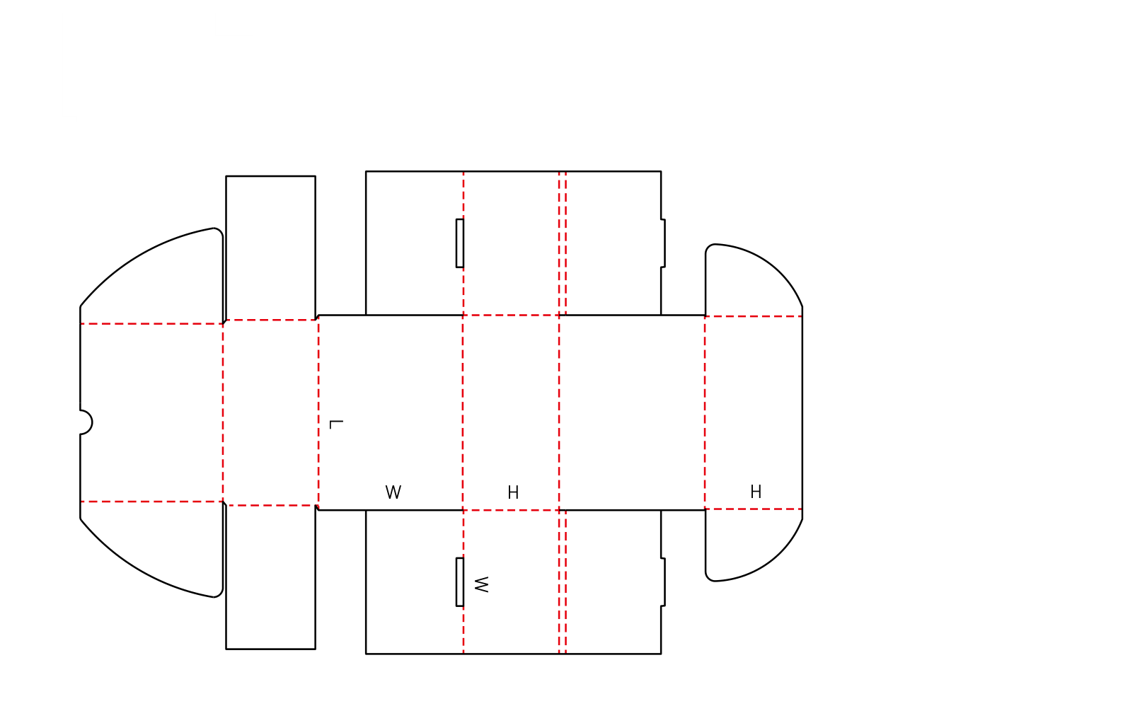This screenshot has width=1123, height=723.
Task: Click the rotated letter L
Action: [336, 424]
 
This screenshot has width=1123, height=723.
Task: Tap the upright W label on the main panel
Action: [393, 492]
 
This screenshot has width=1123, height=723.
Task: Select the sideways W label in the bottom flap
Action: [481, 584]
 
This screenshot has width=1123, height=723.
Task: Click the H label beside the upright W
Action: [513, 492]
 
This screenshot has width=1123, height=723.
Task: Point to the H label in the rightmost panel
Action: [756, 492]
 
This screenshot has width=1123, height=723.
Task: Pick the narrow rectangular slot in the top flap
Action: [460, 243]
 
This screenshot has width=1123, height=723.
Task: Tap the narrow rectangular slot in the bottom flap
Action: [460, 582]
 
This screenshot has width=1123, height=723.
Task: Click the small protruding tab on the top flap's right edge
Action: [663, 243]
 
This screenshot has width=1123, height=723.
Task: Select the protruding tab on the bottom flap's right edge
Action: [663, 582]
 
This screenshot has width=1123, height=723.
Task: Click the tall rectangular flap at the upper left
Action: [271, 248]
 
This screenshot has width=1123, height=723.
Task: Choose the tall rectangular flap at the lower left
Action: [271, 577]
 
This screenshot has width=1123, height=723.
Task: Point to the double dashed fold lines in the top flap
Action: [563, 243]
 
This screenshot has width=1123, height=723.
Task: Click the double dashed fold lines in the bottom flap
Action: [563, 582]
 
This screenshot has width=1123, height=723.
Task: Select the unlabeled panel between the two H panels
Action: [632, 412]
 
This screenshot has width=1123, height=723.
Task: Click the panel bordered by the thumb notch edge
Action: [151, 412]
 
